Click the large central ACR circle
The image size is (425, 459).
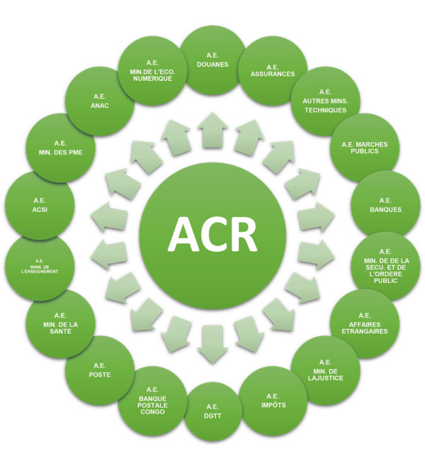point(212,236)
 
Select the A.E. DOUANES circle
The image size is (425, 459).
point(212,60)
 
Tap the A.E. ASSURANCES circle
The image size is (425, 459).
point(273,71)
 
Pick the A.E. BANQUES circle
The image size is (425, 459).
point(385,205)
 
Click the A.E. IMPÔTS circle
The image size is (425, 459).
point(273,401)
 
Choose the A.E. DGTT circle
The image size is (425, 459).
point(212,411)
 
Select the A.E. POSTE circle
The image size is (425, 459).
point(100,370)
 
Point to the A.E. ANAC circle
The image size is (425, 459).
point(100,101)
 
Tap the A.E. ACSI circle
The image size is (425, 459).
point(40,205)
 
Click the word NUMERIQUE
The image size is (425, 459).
point(152,79)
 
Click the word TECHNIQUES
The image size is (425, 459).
point(325,111)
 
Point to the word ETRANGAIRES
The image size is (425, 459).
point(365,331)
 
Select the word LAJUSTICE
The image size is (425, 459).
point(325,378)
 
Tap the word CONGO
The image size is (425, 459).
point(152,412)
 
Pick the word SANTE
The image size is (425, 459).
point(60,331)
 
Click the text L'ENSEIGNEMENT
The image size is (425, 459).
point(40,272)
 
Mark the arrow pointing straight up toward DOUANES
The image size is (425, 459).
point(212,130)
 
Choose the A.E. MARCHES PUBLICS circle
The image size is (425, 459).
point(365,148)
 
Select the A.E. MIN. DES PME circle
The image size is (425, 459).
point(60,148)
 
